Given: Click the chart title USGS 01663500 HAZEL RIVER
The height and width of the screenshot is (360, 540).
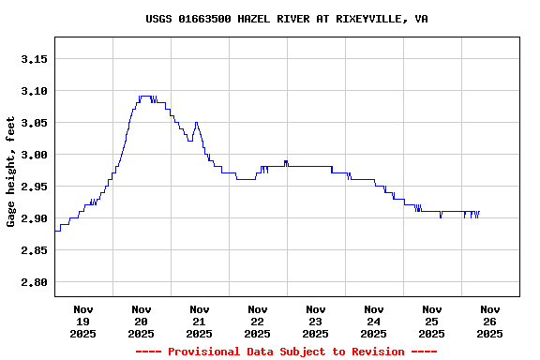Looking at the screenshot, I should pos(287,18).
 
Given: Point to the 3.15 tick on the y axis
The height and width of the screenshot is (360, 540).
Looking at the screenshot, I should pos(34,59).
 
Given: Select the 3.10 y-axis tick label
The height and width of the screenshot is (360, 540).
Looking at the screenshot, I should pos(34,91).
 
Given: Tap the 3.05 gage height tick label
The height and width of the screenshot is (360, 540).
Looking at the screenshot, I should pos(34,123).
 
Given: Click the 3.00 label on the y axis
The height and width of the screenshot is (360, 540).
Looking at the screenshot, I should pos(34,155).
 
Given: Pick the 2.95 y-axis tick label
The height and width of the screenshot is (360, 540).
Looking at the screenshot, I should pos(34,187).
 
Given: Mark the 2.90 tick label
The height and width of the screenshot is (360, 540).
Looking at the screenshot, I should pos(34,218).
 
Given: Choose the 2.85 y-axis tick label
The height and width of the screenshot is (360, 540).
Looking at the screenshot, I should pos(34,250).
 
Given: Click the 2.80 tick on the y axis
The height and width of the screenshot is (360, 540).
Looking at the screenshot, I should pos(34,282).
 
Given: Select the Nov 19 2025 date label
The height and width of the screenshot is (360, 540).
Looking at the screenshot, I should pos(83,321).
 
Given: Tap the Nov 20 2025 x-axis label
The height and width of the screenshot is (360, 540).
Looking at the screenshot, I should pos(142,321).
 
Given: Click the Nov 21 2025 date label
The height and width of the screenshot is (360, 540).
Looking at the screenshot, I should pos(200,321).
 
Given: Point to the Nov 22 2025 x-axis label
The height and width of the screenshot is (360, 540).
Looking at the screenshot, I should pos(258,321).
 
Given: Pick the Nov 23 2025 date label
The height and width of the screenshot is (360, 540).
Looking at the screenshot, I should pos(316,321).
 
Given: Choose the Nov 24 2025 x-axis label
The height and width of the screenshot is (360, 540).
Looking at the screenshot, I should pos(374,321).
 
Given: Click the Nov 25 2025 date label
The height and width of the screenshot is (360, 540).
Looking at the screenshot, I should pos(432,321).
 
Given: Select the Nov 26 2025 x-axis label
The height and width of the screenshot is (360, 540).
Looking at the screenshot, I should pos(489,321).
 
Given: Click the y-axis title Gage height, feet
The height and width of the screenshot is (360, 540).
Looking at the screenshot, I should pos(11,172).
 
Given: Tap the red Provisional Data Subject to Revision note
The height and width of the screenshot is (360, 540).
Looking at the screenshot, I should pos(286,352).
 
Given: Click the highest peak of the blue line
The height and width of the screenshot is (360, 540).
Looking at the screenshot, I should pos(144,97).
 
